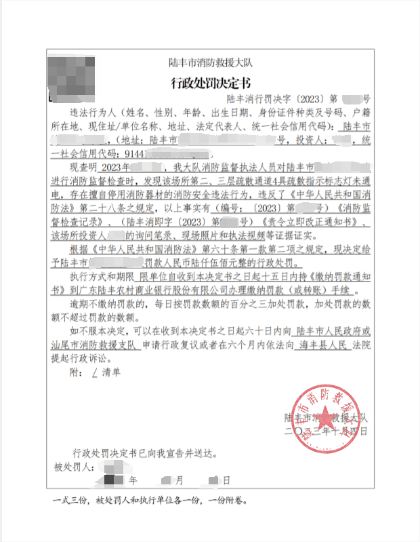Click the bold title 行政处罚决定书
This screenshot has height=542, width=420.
pos(209,83)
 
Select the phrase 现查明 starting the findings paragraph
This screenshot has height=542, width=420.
pos(85,166)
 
